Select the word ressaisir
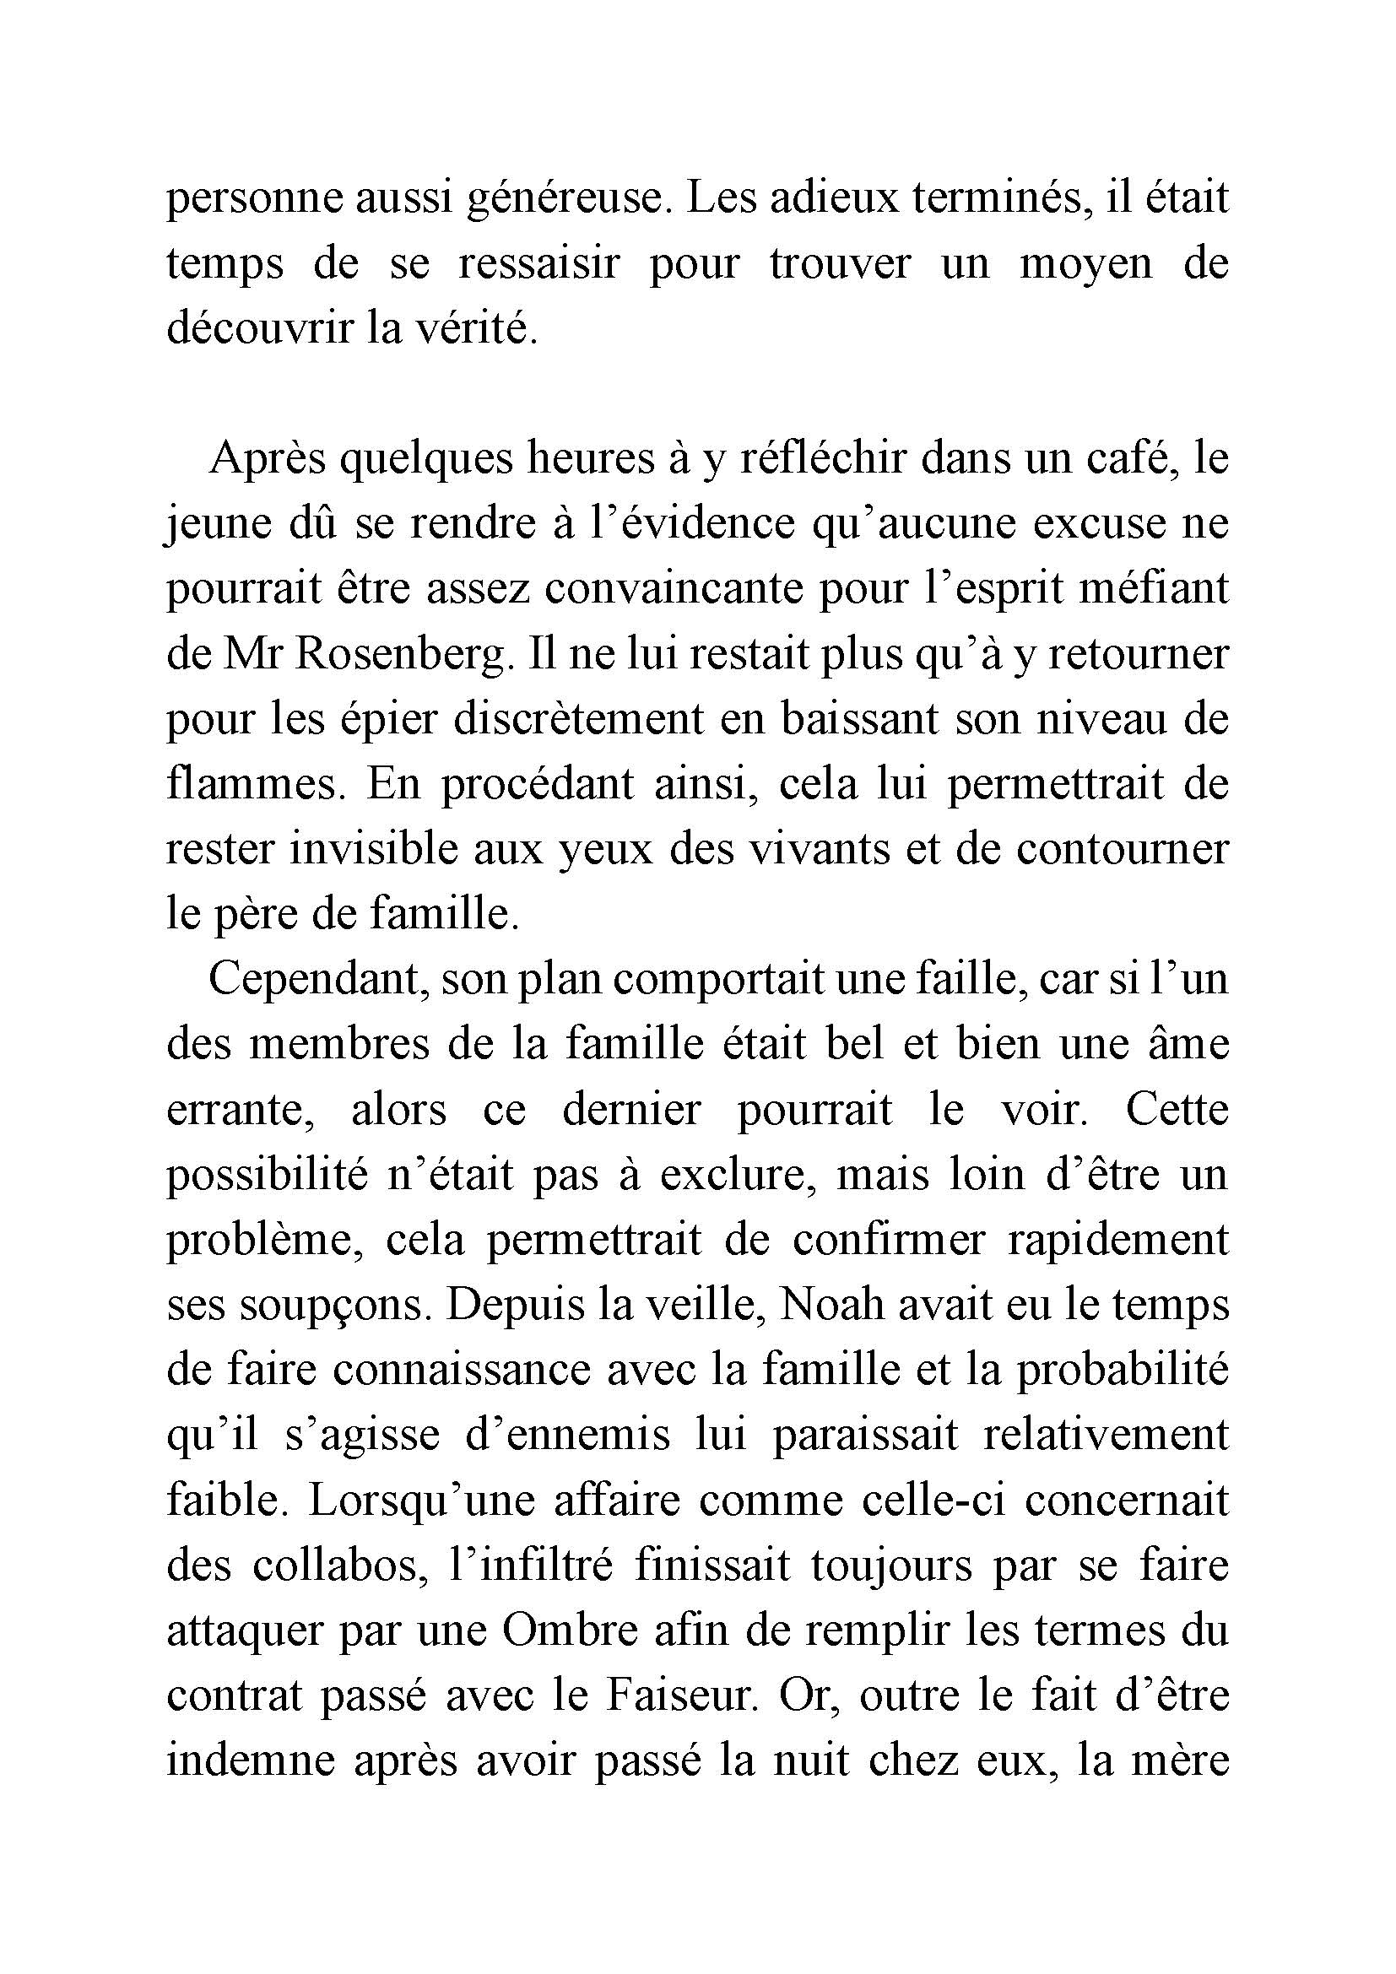coord(538,264)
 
